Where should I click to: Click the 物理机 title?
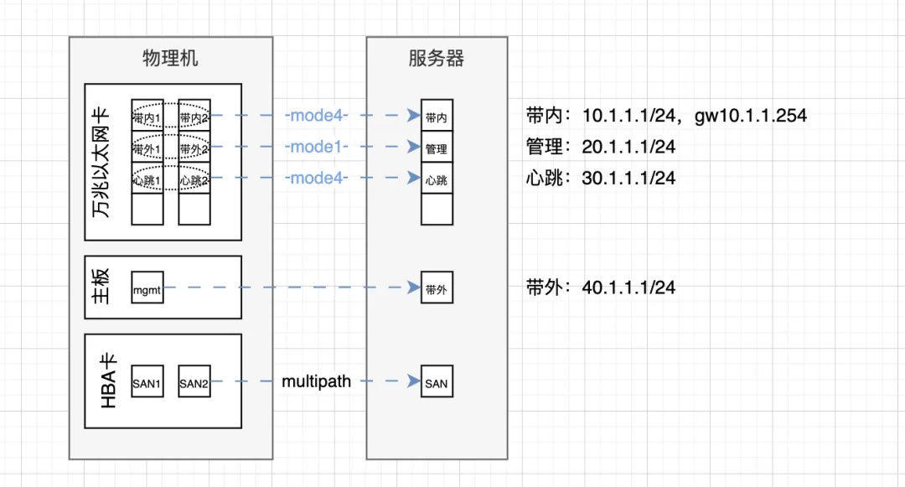pyautogui.click(x=170, y=59)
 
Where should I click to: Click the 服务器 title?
pyautogui.click(x=437, y=59)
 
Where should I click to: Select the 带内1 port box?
pyautogui.click(x=147, y=116)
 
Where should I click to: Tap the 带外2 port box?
pyautogui.click(x=194, y=147)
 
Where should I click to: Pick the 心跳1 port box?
pyautogui.click(x=147, y=178)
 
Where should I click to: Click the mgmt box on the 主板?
pyautogui.click(x=147, y=288)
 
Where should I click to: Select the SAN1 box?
pyautogui.click(x=147, y=381)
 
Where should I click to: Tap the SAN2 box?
pyautogui.click(x=194, y=381)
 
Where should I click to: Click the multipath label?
pyautogui.click(x=316, y=381)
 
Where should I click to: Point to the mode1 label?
pyautogui.click(x=316, y=147)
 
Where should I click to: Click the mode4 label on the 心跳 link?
pyautogui.click(x=316, y=178)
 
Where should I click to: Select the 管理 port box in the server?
pyautogui.click(x=437, y=147)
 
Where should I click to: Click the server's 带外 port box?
pyautogui.click(x=437, y=288)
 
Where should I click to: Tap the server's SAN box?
pyautogui.click(x=437, y=381)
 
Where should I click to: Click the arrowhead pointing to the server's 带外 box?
pyautogui.click(x=414, y=288)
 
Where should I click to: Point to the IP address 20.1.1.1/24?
pyautogui.click(x=628, y=147)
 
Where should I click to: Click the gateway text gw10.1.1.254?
pyautogui.click(x=751, y=116)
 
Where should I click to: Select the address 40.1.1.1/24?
pyautogui.click(x=628, y=288)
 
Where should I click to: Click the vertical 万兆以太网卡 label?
pyautogui.click(x=101, y=162)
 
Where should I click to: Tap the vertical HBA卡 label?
pyautogui.click(x=108, y=381)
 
